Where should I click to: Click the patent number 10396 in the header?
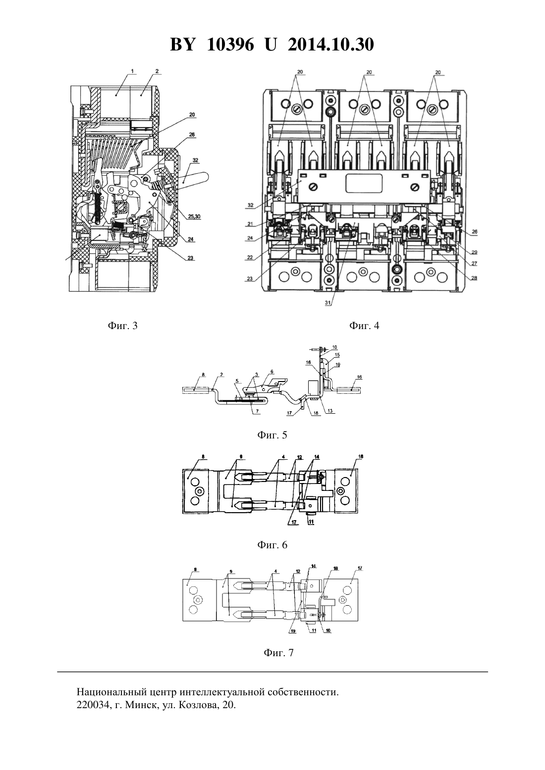pos(230,45)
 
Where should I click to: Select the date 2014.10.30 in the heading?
pos(330,45)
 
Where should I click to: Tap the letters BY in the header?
pos(182,45)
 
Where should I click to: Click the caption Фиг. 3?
pos(122,326)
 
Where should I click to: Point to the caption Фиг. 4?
pos(364,326)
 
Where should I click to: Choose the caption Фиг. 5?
pos(272,435)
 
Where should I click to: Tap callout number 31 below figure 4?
pos(327,303)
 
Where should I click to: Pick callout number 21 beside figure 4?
pos(250,224)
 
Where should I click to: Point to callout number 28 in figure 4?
pos(474,278)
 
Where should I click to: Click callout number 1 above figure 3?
pos(132,71)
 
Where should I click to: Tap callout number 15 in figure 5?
pos(337,354)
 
